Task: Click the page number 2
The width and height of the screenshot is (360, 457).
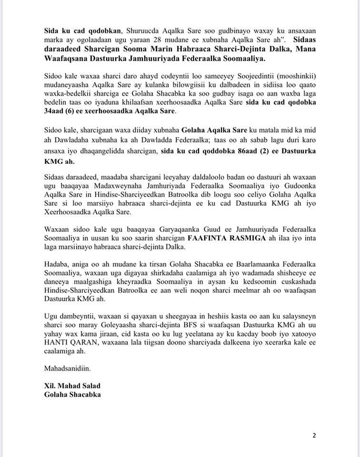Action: tap(314, 435)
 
